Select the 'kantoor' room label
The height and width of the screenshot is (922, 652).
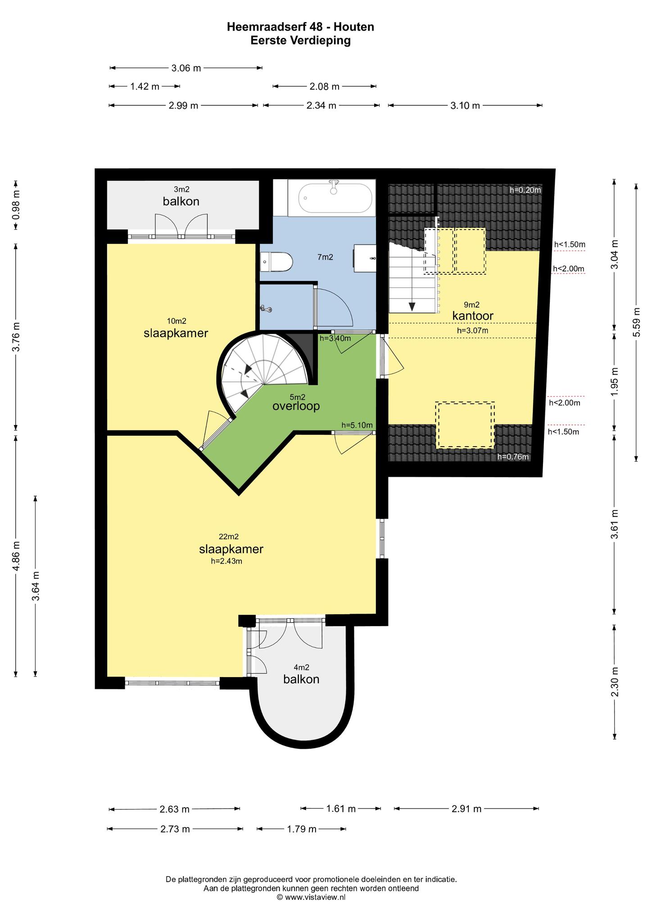point(473,316)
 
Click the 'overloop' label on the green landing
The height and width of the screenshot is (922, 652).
point(296,406)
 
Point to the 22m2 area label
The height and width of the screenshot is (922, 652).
point(228,537)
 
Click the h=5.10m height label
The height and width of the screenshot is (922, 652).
point(357,425)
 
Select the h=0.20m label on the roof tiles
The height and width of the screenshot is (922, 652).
point(525,190)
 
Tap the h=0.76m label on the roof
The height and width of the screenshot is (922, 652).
point(513,457)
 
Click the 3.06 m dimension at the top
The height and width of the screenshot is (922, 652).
point(186,68)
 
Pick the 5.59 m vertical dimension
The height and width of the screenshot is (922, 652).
point(636,322)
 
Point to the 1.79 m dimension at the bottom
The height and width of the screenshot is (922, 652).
point(301,829)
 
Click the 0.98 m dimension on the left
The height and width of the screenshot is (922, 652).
point(16,205)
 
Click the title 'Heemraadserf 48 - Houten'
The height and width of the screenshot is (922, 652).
point(300,27)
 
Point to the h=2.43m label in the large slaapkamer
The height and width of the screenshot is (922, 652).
point(226,561)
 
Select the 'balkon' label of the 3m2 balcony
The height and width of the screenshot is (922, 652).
point(181,201)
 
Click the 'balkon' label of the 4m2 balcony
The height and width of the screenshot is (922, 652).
point(301,679)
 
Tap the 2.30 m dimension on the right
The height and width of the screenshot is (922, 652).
point(615,682)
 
